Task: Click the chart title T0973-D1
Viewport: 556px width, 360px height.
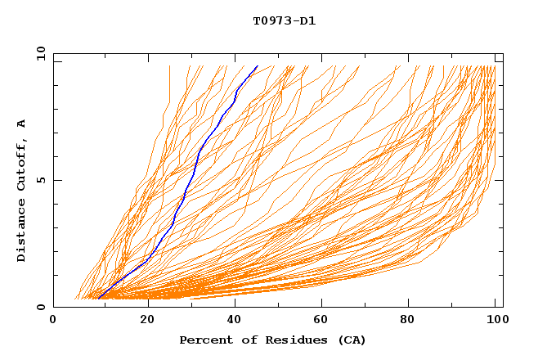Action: pos(284,21)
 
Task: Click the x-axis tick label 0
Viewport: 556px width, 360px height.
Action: pos(53,321)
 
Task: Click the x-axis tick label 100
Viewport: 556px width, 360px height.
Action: pos(495,321)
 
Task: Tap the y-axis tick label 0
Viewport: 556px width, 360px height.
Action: pos(40,307)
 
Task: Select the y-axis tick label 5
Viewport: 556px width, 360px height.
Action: pos(40,180)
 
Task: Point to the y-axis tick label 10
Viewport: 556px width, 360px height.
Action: pos(38,53)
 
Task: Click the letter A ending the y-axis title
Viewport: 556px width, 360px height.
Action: pos(21,124)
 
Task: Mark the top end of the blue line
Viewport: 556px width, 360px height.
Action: pos(258,65)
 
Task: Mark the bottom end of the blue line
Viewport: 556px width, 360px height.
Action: pos(98,299)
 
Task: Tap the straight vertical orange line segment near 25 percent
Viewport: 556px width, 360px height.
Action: pos(169,82)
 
